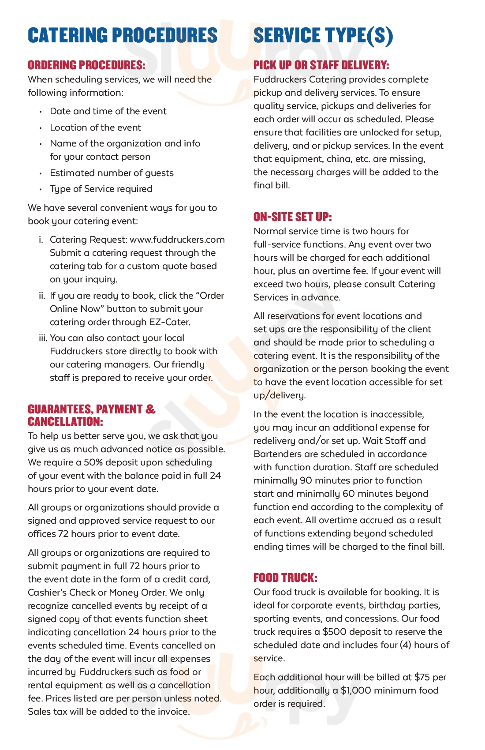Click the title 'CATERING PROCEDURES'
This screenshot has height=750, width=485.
click(123, 35)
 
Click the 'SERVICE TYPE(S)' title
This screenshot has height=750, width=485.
click(323, 35)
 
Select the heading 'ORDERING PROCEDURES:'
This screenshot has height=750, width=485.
click(86, 65)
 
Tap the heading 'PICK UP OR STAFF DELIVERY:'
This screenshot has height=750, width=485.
click(321, 65)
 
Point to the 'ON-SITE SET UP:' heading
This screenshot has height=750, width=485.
click(292, 217)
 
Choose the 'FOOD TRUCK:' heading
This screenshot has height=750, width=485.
click(285, 577)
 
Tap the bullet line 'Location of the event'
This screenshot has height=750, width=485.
click(95, 127)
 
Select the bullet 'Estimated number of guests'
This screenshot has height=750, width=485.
click(112, 173)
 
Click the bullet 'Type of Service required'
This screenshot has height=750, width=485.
click(101, 189)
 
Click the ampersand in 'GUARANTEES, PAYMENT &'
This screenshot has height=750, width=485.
click(150, 409)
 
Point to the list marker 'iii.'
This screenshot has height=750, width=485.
click(43, 338)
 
